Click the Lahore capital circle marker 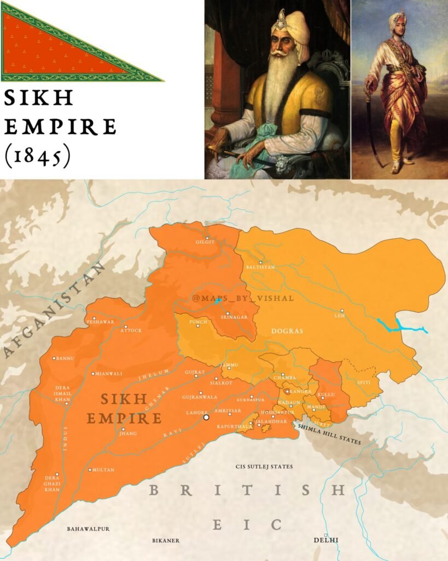pyautogui.click(x=206, y=417)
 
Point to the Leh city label pyautogui.click(x=339, y=316)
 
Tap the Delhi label pyautogui.click(x=325, y=540)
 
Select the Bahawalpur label pyautogui.click(x=89, y=529)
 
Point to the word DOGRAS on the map pyautogui.click(x=287, y=331)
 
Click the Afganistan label pyautogui.click(x=55, y=310)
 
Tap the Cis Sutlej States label pyautogui.click(x=264, y=467)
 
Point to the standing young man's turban pyautogui.click(x=398, y=21)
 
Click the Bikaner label pyautogui.click(x=165, y=540)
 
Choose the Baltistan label pyautogui.click(x=260, y=267)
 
